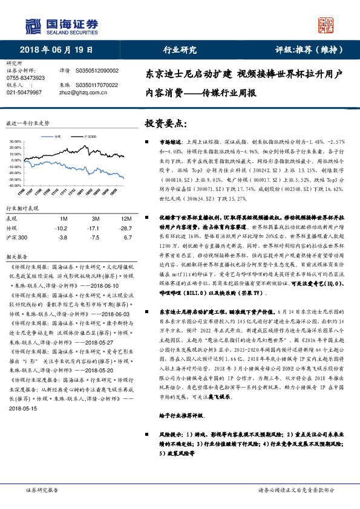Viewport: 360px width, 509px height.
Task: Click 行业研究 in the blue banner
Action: pos(180,49)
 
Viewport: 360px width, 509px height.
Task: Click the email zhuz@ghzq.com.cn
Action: pos(79,92)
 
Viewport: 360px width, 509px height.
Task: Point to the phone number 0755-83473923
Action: pos(25,78)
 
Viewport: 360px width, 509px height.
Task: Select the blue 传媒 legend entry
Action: pos(57,137)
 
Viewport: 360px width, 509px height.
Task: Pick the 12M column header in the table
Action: pos(126,218)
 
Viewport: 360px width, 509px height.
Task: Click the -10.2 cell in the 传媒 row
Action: pos(61,229)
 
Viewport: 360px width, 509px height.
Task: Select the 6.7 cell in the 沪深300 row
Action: pos(127,238)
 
